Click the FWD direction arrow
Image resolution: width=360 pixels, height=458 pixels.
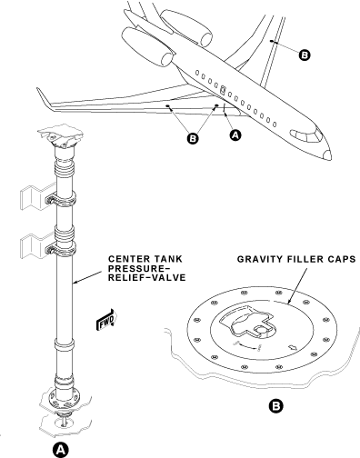(x=105, y=323)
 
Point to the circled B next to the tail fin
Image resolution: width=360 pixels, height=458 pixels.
(x=304, y=55)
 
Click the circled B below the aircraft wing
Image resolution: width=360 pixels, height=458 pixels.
(x=191, y=139)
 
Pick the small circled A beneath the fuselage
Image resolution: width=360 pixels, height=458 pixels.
(x=236, y=134)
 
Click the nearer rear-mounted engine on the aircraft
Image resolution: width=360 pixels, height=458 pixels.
(x=160, y=56)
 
